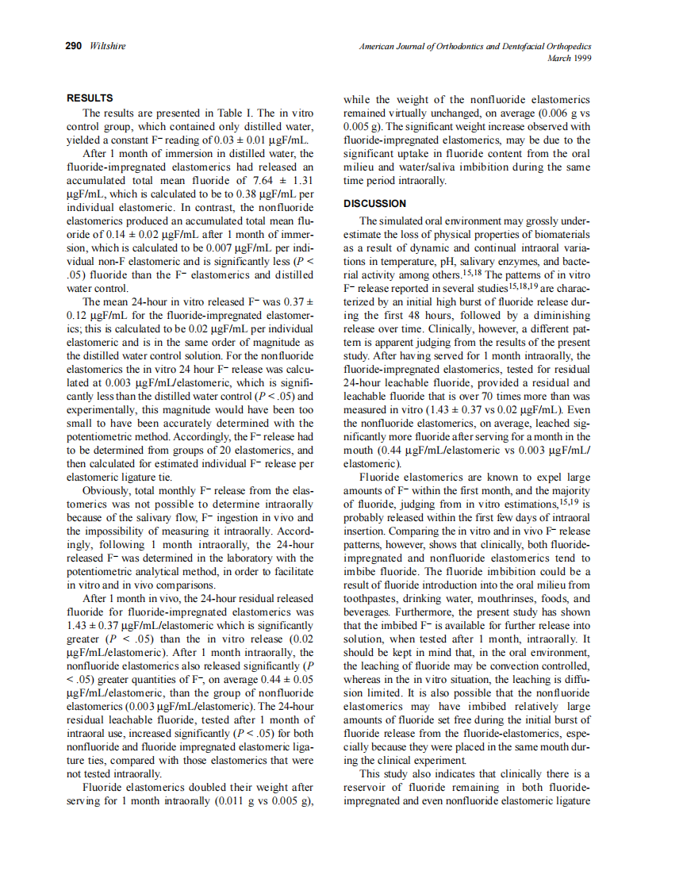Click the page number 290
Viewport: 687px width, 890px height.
coord(74,47)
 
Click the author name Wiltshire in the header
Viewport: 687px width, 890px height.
coord(107,47)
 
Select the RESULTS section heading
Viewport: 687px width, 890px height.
coord(90,99)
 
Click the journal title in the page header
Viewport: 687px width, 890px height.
coord(475,47)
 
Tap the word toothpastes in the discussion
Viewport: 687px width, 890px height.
coord(372,600)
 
